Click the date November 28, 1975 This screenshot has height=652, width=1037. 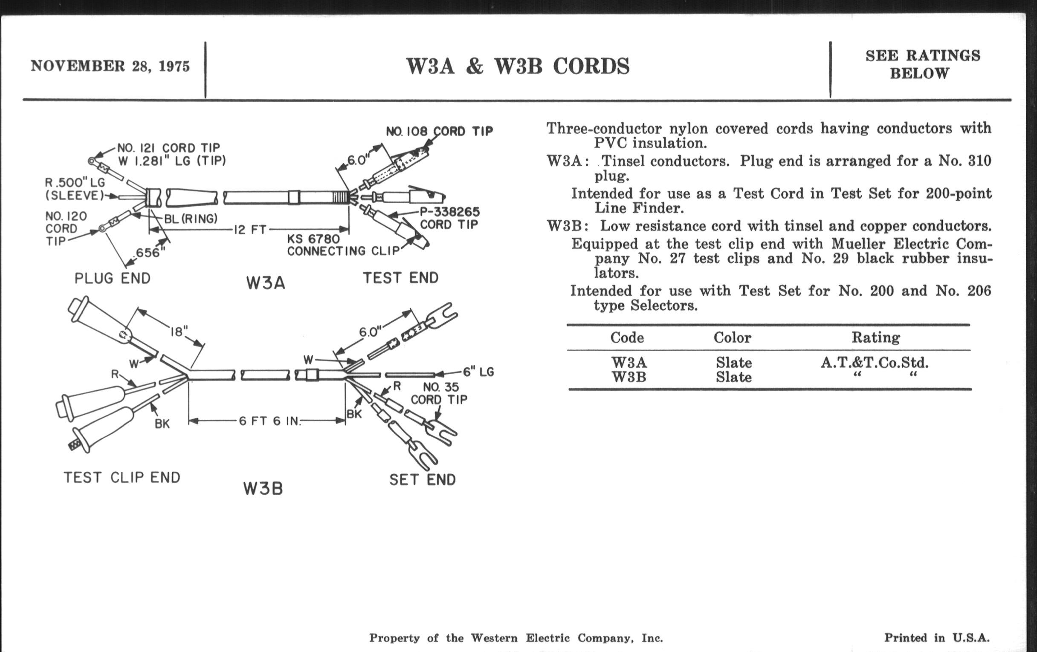coord(110,66)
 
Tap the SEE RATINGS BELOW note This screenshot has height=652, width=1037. coord(922,64)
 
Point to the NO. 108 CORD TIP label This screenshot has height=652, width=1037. coord(439,131)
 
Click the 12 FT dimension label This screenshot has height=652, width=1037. coord(250,229)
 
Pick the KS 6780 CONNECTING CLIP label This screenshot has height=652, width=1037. coord(343,245)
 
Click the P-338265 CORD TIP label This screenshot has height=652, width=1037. coord(449,218)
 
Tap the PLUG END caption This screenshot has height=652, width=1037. coord(113,278)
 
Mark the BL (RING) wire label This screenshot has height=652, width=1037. coord(190,219)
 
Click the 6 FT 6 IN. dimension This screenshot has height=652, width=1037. coord(269,421)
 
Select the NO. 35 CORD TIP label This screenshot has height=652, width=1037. coord(439,393)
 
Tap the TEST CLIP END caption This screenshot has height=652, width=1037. coord(122,477)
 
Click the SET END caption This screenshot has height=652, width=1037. coord(422,479)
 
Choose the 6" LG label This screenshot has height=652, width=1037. coord(478,372)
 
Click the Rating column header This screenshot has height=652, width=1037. coord(875,338)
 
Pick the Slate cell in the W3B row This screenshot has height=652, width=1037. coord(733,378)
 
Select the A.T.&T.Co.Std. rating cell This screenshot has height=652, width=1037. coord(874,363)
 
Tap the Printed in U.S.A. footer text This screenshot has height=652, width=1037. coord(937,638)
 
